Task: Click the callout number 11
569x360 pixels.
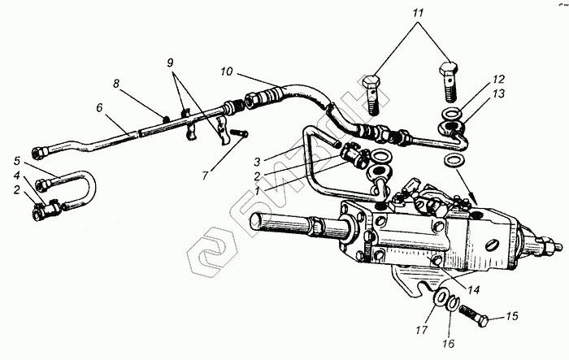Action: (417, 15)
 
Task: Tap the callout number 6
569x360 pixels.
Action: (99, 107)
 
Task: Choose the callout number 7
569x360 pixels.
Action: (206, 175)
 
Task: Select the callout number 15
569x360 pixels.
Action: (512, 315)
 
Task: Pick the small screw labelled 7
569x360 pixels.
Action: (238, 132)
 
